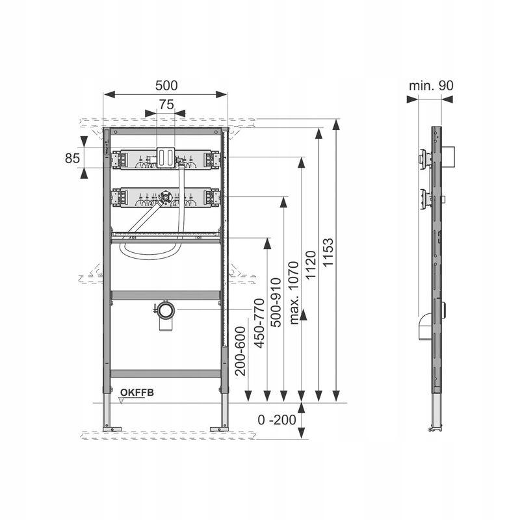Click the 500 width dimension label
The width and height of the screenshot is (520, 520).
pos(166,85)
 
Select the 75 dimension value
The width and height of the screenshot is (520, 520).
pos(166,104)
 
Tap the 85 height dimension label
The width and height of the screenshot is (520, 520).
pos(72,157)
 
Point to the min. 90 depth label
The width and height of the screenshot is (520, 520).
pos(431,85)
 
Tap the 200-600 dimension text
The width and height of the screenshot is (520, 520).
pos(242,351)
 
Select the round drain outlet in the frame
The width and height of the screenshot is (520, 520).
pos(166,309)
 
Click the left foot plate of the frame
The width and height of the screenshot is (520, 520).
pos(112,427)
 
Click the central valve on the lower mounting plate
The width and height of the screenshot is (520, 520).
pos(166,198)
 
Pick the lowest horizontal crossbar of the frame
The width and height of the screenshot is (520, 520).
pos(165,374)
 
